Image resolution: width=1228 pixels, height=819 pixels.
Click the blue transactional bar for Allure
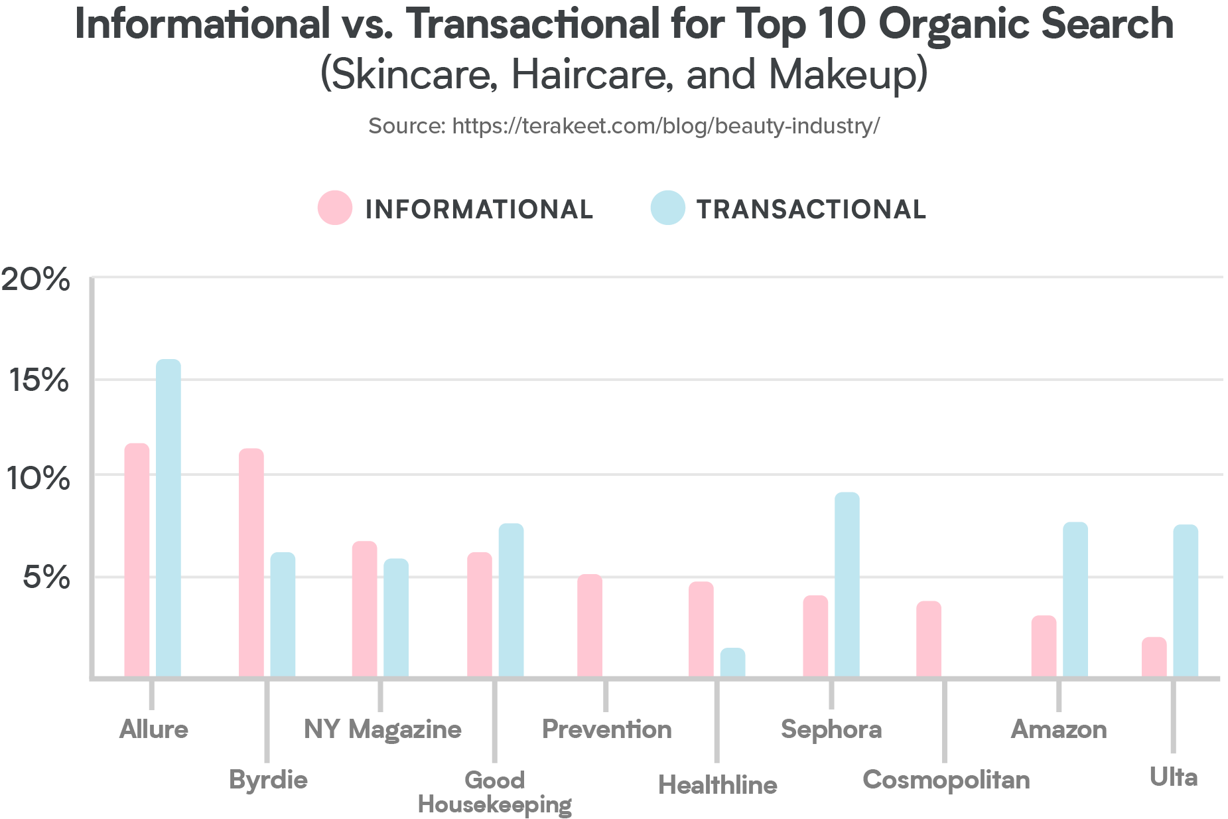tap(169, 518)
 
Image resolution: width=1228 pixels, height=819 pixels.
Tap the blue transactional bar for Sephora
tap(847, 584)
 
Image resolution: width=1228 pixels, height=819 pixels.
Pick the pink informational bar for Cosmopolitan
tap(929, 638)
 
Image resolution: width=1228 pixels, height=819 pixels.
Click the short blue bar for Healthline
tap(732, 662)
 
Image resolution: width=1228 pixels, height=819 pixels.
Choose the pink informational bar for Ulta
tap(1154, 657)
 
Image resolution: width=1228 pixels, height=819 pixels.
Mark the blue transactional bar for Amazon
tap(1075, 599)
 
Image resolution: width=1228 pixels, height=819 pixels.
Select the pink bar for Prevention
tap(589, 625)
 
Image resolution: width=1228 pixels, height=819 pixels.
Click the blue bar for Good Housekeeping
tap(511, 599)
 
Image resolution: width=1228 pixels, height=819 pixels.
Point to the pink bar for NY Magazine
tap(364, 609)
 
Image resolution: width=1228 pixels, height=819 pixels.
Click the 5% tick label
tap(46, 577)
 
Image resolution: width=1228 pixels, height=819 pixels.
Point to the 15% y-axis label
tap(39, 380)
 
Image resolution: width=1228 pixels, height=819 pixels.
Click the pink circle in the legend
tap(335, 208)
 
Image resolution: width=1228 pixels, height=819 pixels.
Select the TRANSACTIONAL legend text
tap(811, 210)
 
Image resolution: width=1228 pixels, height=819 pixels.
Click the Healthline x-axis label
tap(718, 785)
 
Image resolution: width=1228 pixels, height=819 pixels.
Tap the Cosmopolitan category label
tap(946, 780)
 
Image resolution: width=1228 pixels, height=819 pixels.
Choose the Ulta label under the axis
tap(1173, 777)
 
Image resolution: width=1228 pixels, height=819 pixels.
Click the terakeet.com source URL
tap(665, 126)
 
